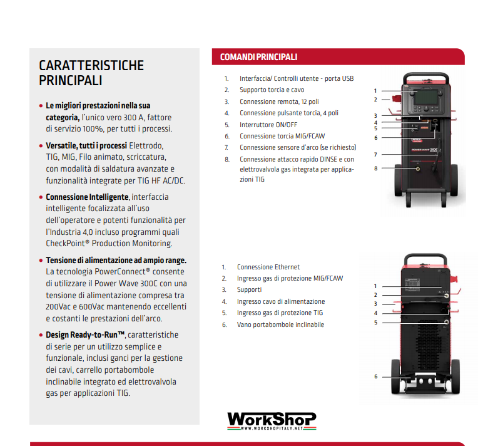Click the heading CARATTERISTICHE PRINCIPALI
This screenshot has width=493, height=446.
[x=91, y=73]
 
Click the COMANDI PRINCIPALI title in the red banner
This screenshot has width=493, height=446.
[x=258, y=57]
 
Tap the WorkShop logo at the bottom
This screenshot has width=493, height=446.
[x=271, y=420]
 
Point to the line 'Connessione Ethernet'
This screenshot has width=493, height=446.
[x=268, y=267]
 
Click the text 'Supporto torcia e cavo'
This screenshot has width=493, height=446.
[x=272, y=90]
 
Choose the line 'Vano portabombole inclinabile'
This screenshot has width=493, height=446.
[x=280, y=324]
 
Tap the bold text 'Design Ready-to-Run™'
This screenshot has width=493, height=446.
[x=86, y=334]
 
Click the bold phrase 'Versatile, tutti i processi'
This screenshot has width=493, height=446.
[x=86, y=145]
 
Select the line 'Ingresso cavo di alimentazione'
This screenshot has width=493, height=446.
[x=280, y=301]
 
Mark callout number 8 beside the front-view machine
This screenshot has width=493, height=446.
[x=375, y=168]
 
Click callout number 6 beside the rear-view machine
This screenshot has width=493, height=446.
[x=375, y=376]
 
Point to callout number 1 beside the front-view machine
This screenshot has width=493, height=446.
[x=375, y=91]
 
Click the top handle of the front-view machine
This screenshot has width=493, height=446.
[x=425, y=76]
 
